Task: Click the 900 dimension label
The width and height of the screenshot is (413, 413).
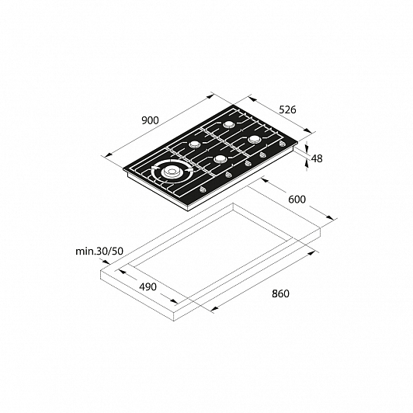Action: pyautogui.click(x=150, y=120)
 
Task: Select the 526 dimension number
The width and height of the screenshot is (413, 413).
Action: pyautogui.click(x=287, y=109)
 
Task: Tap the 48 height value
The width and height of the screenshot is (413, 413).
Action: pyautogui.click(x=317, y=158)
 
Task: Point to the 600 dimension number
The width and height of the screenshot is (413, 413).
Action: pyautogui.click(x=297, y=200)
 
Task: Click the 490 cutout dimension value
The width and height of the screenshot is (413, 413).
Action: pyautogui.click(x=147, y=286)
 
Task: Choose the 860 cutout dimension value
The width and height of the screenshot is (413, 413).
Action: pyautogui.click(x=280, y=293)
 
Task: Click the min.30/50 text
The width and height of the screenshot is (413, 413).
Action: pyautogui.click(x=99, y=252)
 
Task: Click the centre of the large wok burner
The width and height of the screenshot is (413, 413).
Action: pyautogui.click(x=172, y=172)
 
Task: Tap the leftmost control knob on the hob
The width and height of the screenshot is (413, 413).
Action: pyautogui.click(x=203, y=189)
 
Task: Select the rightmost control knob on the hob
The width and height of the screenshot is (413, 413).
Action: pyautogui.click(x=283, y=144)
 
